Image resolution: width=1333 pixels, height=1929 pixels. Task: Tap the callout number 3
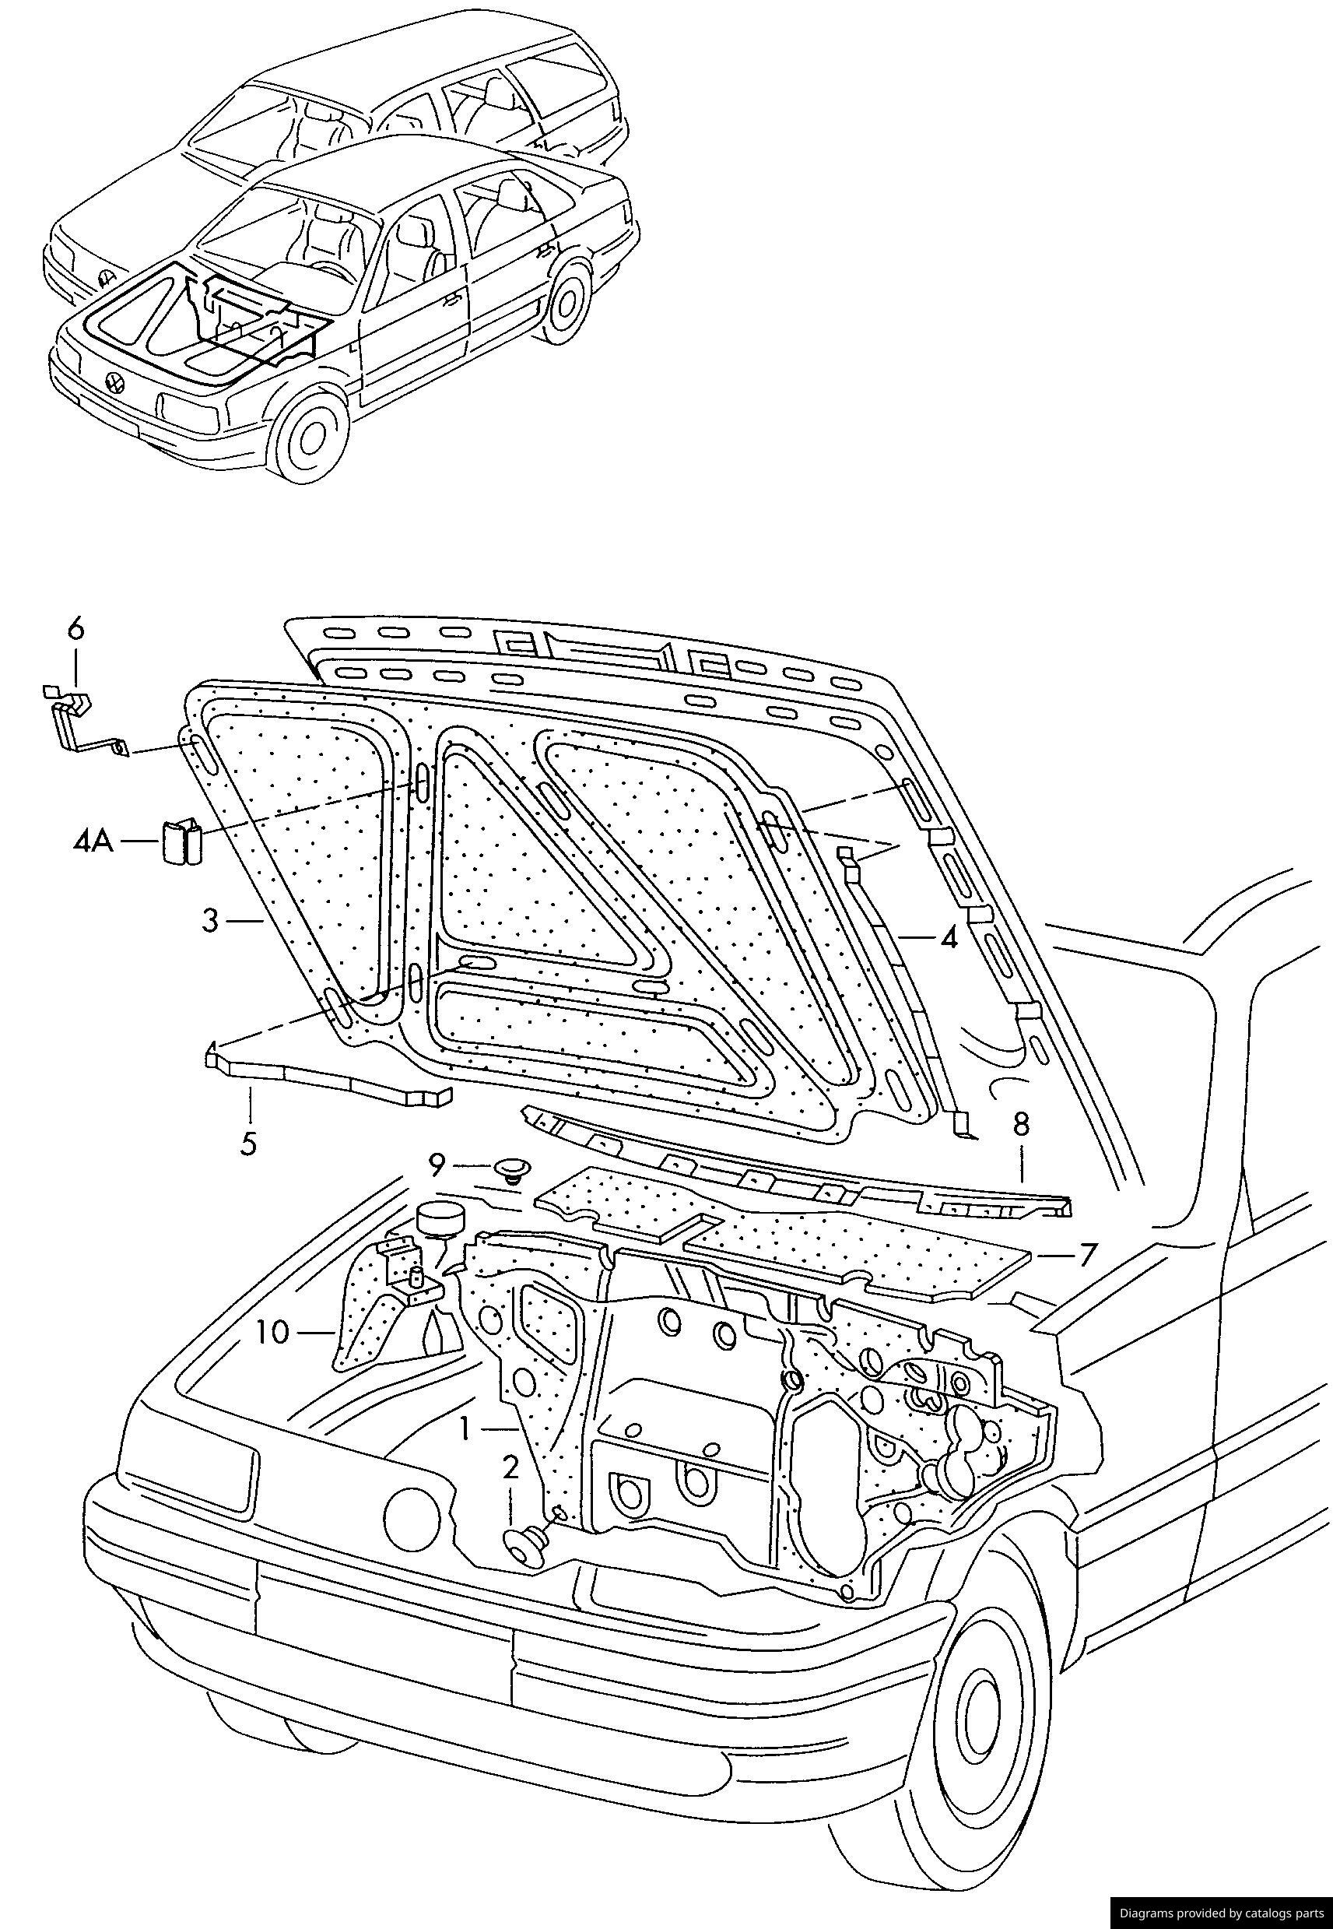pyautogui.click(x=210, y=921)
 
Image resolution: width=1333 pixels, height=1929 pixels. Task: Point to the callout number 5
pyautogui.click(x=248, y=1143)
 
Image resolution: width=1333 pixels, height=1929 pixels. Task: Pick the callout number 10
pyautogui.click(x=273, y=1332)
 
